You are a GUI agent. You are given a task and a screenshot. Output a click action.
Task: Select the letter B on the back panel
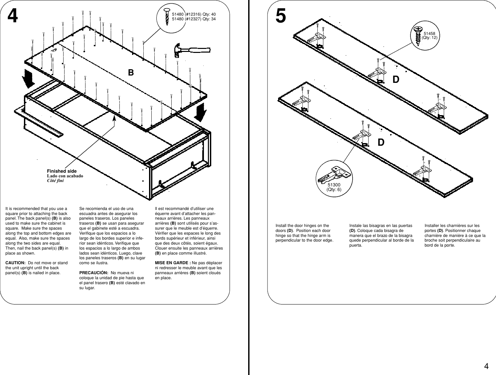[131, 73]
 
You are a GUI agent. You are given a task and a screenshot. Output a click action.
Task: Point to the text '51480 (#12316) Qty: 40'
[194, 14]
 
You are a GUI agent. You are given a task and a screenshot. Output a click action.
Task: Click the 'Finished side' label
[62, 171]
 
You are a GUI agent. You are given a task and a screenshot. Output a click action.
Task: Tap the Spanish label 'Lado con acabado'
[65, 176]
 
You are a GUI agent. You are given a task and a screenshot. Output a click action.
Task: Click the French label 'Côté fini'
[55, 181]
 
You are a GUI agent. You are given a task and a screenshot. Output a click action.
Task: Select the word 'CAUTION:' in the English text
[15, 263]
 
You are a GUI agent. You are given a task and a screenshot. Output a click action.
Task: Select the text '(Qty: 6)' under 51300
[334, 190]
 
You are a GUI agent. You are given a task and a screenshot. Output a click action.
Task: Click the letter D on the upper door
[396, 80]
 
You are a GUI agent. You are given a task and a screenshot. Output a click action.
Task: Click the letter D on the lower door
[381, 142]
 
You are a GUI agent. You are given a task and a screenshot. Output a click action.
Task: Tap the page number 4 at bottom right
[486, 367]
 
